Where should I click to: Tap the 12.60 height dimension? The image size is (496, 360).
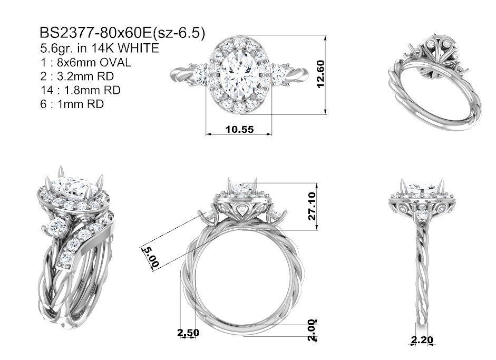(320, 74)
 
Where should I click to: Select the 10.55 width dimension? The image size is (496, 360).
(239, 129)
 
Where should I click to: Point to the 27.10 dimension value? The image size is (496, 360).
(312, 206)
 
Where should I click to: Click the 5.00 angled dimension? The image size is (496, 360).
(151, 257)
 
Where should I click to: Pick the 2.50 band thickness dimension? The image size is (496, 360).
(188, 333)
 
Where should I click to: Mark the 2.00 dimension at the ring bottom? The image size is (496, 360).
(312, 330)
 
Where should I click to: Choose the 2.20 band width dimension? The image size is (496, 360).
(422, 340)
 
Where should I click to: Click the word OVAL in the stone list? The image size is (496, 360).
(115, 63)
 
